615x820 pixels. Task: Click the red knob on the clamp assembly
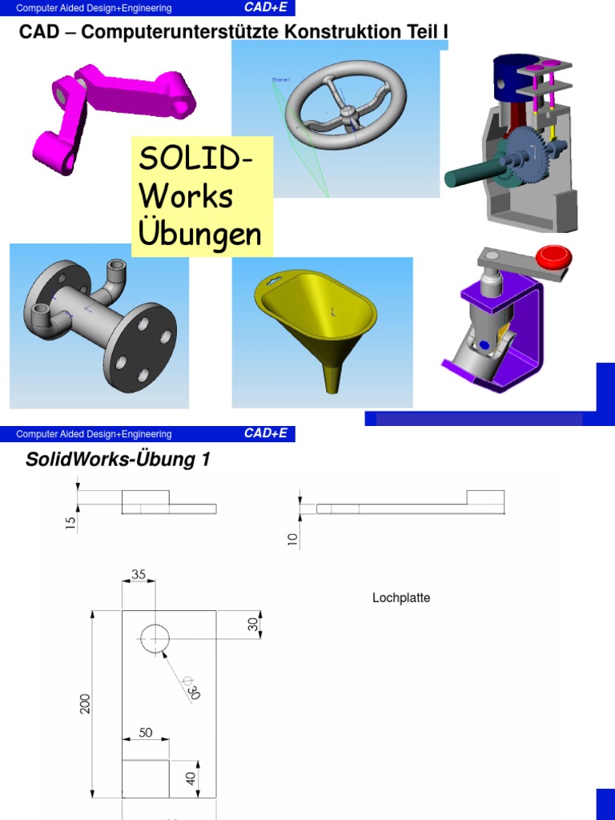tap(553, 257)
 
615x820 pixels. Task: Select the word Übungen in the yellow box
tap(200, 234)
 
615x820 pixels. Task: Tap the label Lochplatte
tap(401, 598)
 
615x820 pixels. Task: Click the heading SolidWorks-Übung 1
tap(118, 460)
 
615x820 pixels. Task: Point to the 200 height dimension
tap(86, 703)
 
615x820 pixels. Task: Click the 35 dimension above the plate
tap(138, 574)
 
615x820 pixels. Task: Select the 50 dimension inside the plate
tap(145, 732)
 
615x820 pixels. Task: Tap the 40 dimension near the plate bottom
tap(191, 777)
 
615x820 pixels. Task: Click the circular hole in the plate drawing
tap(155, 638)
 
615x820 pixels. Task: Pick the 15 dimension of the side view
tap(70, 523)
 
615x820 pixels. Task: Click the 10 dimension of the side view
tap(292, 540)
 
